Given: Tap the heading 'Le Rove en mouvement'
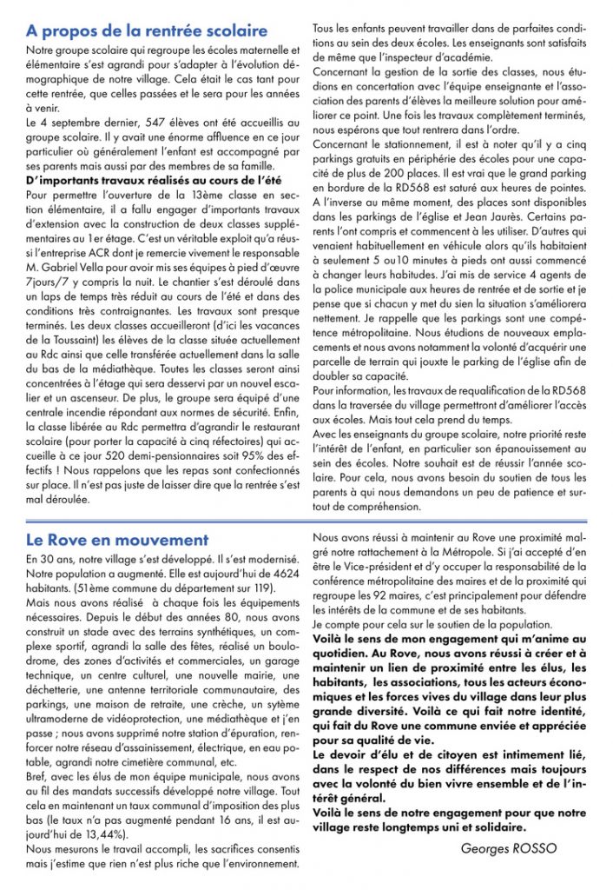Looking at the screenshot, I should (117, 540).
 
